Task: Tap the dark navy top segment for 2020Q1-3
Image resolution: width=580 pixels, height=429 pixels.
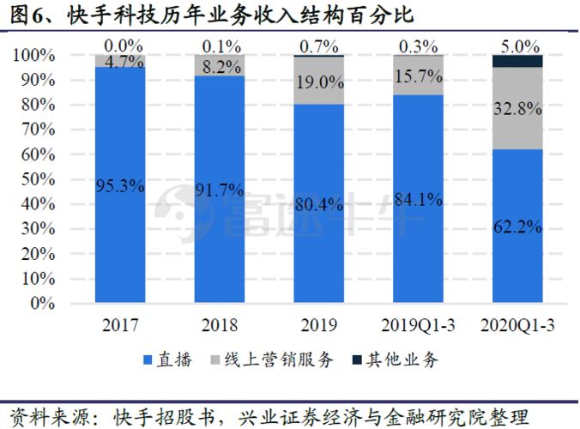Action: tap(517, 61)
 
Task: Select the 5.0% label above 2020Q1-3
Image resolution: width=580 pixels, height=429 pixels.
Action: tap(518, 45)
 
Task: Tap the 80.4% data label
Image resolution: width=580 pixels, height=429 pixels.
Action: tap(319, 204)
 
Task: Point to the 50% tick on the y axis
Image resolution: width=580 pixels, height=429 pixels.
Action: tap(36, 179)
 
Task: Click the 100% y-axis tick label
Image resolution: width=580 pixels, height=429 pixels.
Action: tap(33, 55)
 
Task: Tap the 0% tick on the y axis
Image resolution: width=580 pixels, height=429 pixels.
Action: tap(41, 303)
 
